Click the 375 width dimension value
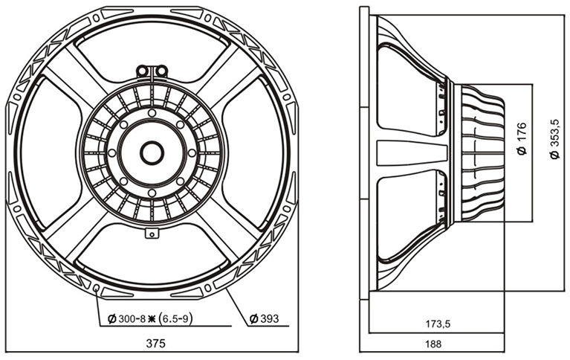[155, 343]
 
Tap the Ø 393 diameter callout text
[265, 318]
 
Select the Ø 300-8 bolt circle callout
[149, 319]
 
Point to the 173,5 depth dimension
[438, 324]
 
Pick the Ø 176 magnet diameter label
[522, 138]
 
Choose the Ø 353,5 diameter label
[554, 138]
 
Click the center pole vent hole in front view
[152, 153]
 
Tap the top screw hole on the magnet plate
[152, 113]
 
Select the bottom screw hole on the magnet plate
[152, 193]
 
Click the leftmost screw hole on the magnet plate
[112, 153]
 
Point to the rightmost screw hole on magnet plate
[192, 153]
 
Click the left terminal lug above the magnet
[143, 71]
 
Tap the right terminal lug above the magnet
[162, 71]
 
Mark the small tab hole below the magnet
[152, 234]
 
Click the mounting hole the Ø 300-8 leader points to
[97, 289]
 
